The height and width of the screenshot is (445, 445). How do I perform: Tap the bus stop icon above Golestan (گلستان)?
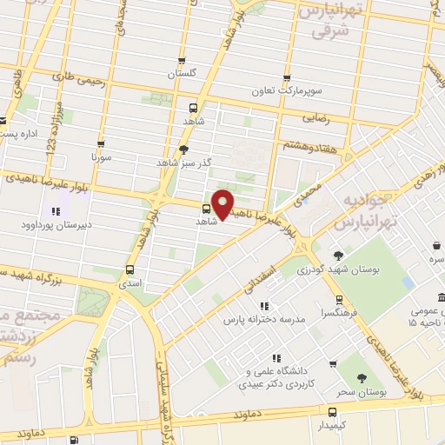(x=182, y=61)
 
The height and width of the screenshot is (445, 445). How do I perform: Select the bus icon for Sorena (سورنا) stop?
(x=102, y=145)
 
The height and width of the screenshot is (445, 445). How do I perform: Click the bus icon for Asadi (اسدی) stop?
(x=130, y=269)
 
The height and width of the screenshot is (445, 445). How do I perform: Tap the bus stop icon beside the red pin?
(x=206, y=209)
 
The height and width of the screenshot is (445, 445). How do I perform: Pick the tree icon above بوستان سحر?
(x=362, y=378)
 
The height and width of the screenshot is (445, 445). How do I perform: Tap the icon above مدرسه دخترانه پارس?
(x=264, y=305)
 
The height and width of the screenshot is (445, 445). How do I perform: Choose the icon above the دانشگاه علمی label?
(x=276, y=357)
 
